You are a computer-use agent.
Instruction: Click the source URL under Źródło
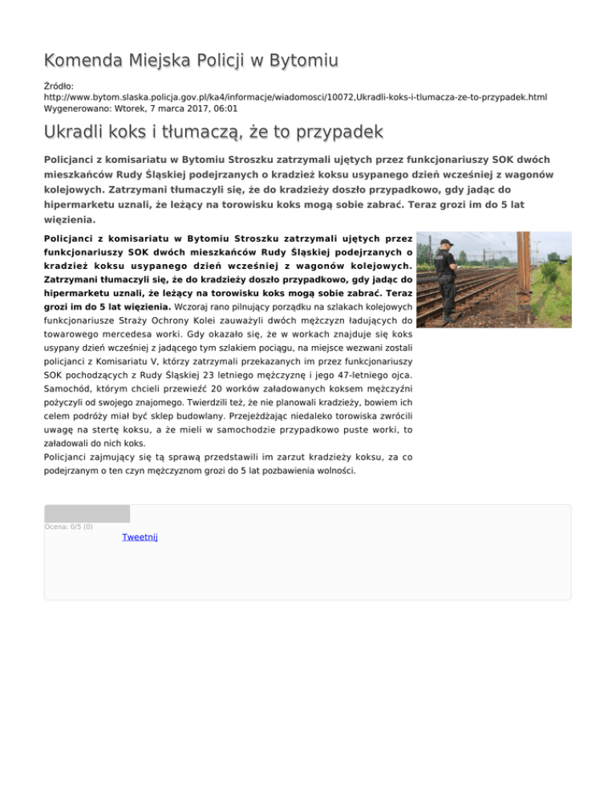[295, 96]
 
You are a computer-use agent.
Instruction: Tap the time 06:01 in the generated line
[224, 107]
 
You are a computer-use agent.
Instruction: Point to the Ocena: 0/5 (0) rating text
[69, 527]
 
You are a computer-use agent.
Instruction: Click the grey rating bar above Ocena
[87, 513]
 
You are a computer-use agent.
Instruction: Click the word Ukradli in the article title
[77, 131]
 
